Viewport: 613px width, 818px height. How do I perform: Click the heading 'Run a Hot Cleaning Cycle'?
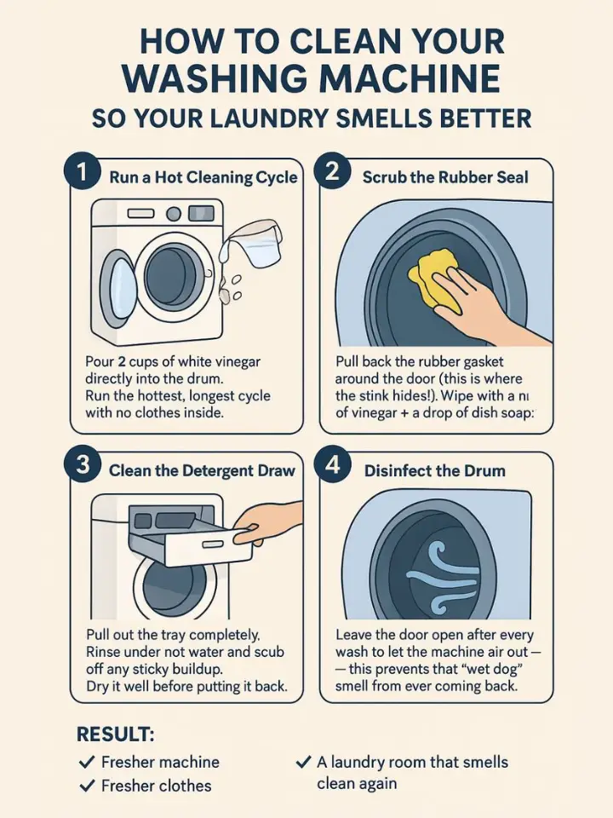tap(203, 177)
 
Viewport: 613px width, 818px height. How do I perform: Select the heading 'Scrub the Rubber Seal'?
tap(444, 177)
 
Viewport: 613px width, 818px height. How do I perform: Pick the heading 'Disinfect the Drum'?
tap(434, 470)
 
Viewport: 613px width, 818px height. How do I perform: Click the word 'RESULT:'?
tap(115, 734)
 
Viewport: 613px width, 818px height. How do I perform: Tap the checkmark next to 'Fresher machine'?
tap(85, 762)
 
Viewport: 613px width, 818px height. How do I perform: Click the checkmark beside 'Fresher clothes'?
tap(85, 786)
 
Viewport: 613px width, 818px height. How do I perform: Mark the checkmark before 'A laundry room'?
tap(302, 762)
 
